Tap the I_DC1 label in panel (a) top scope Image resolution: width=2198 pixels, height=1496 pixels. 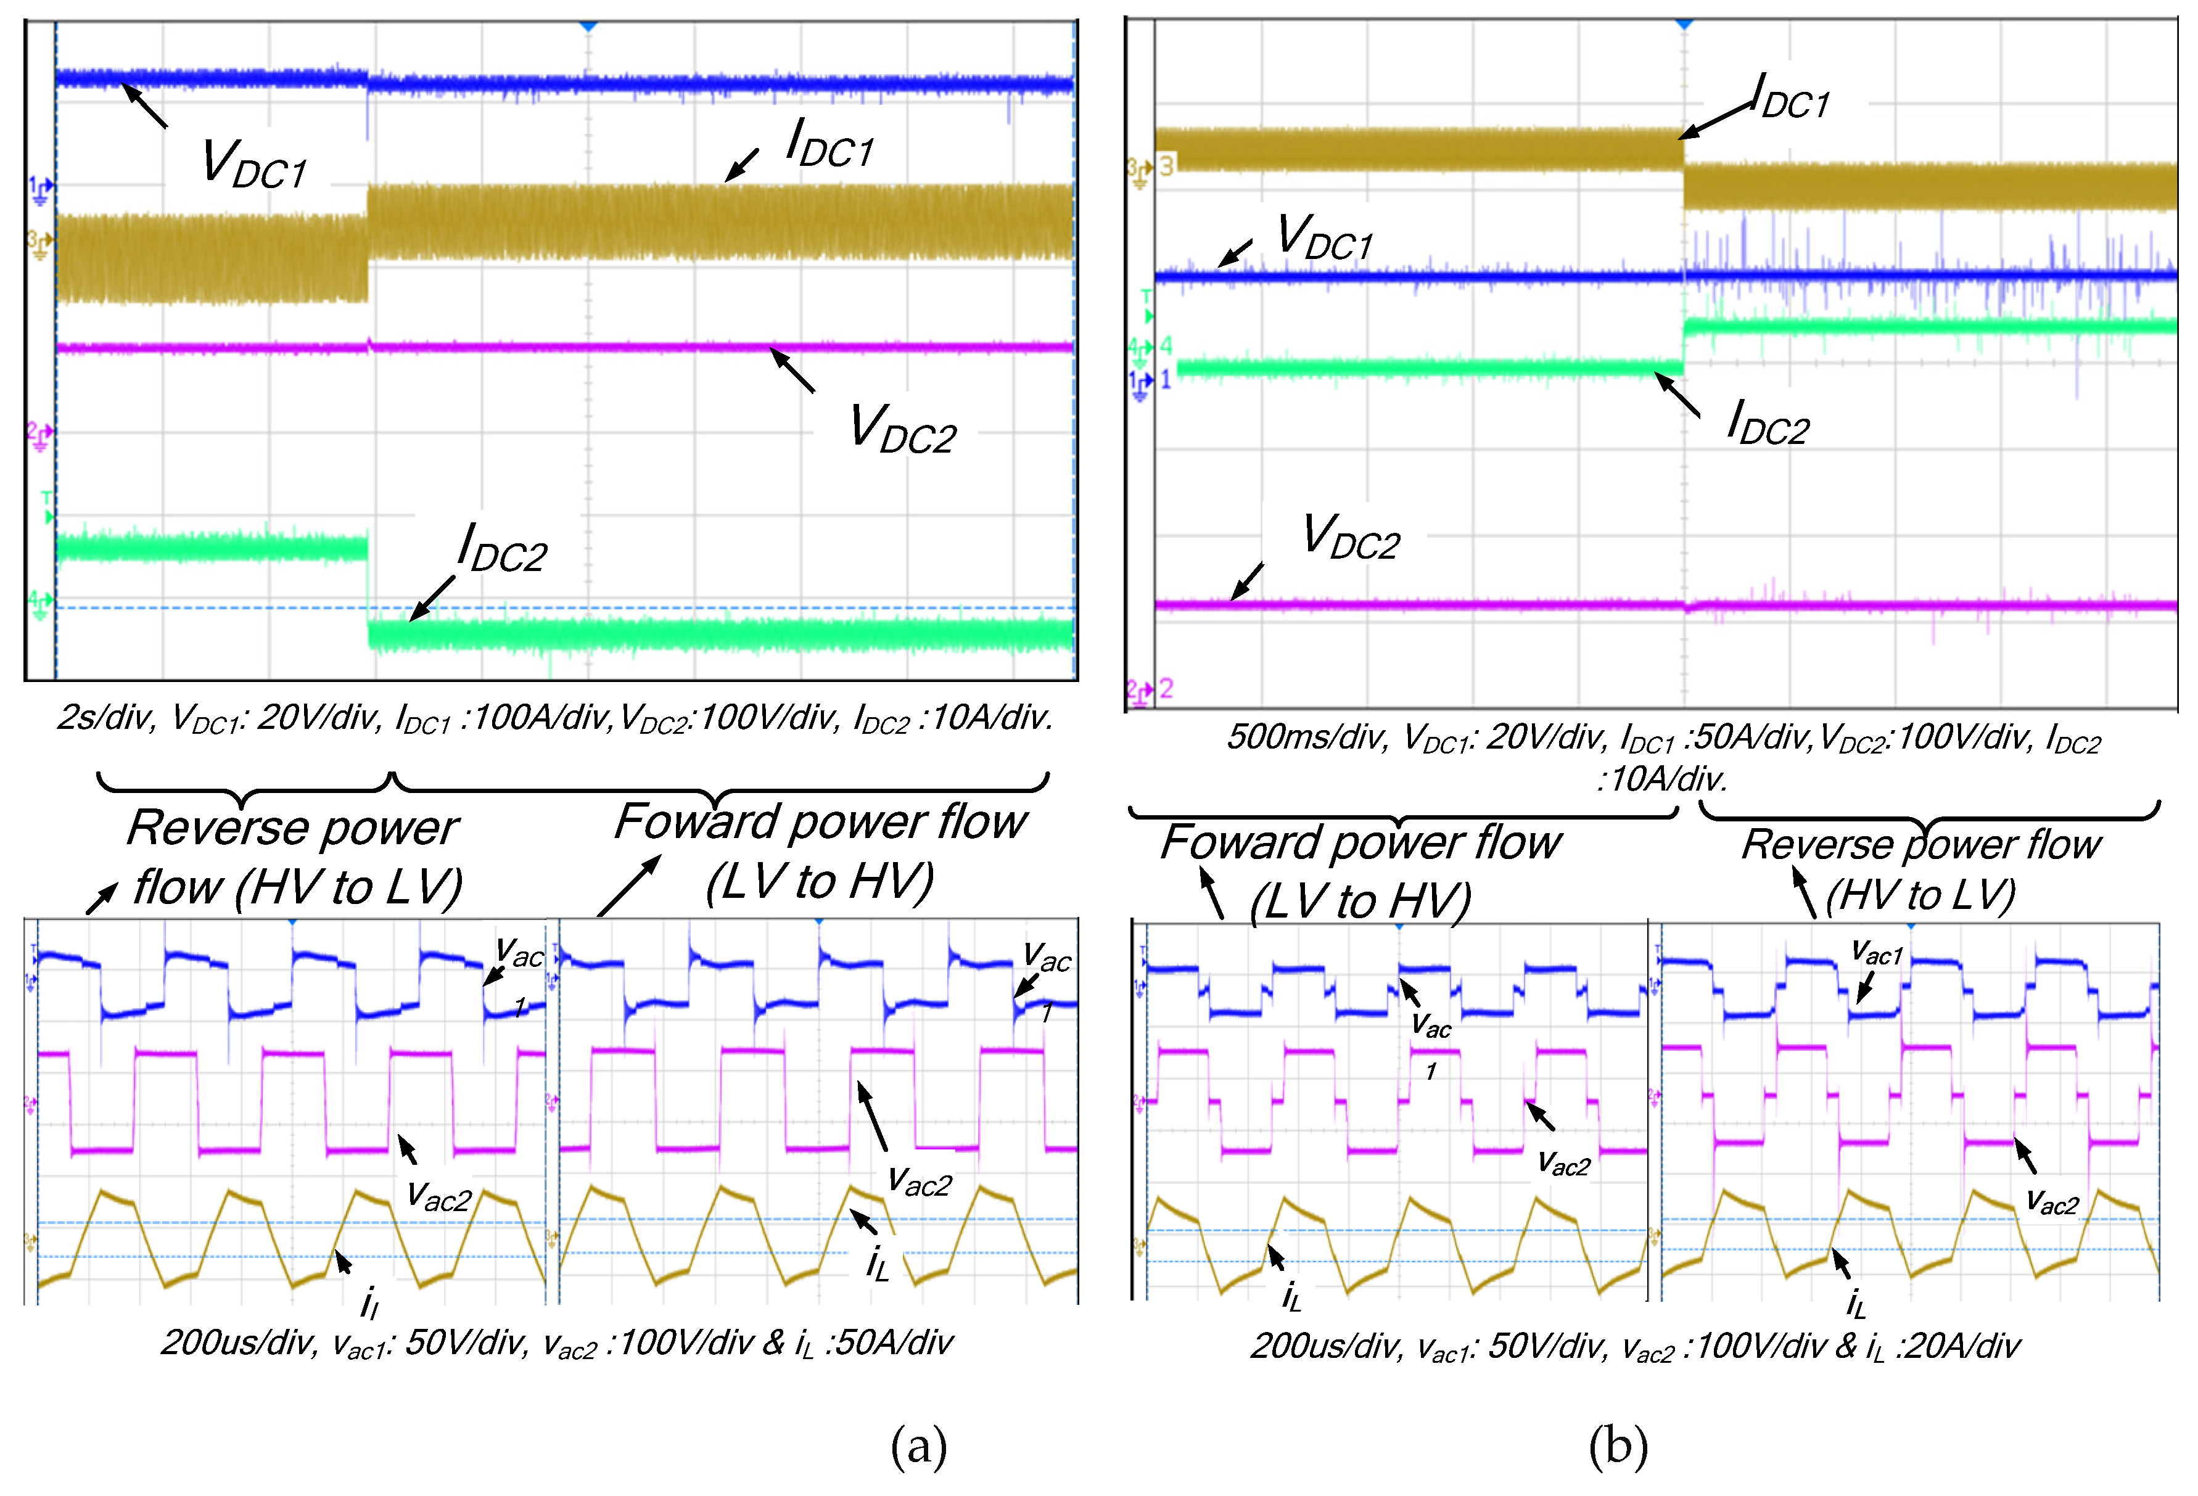click(x=829, y=145)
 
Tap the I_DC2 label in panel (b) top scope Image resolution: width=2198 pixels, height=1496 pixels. click(x=1767, y=422)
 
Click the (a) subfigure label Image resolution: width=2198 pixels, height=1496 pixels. click(x=918, y=1446)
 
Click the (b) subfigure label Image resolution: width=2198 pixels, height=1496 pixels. click(x=1618, y=1446)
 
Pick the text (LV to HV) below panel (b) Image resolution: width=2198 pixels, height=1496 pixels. click(x=1360, y=901)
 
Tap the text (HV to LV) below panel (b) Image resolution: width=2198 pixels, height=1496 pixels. click(x=1920, y=895)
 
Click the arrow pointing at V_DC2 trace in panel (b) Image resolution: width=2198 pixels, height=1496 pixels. click(x=1246, y=582)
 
